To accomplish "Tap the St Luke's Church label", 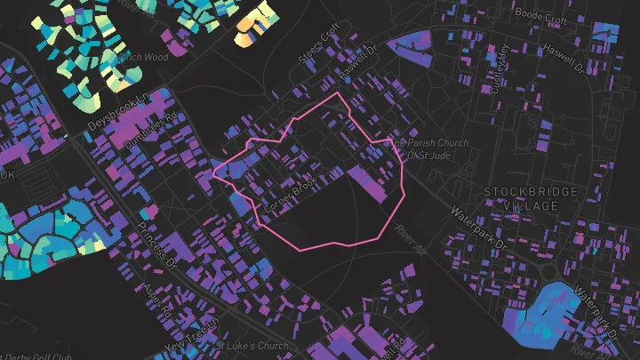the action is tap(253, 346).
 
